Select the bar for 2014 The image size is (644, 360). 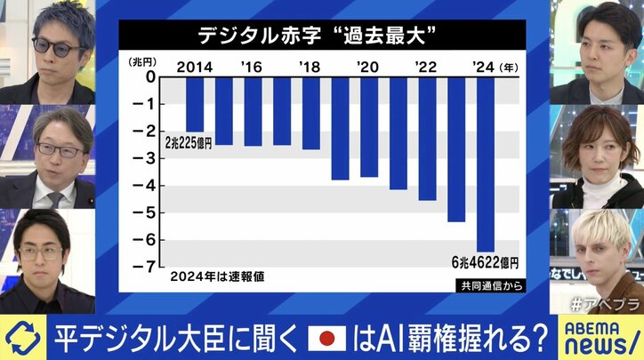pos(194,105)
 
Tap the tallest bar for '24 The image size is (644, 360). pos(485,164)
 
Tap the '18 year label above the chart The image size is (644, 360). pos(309,66)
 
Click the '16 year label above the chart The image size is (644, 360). pos(252,66)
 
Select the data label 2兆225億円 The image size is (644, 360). pos(189,141)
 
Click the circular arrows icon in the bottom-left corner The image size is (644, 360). pos(21,339)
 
